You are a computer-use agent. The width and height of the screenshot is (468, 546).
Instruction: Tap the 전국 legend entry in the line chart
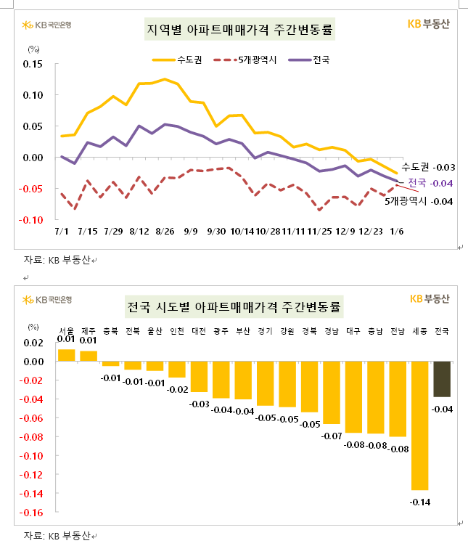coord(310,60)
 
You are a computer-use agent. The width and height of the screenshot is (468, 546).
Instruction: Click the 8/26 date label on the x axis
coord(165,231)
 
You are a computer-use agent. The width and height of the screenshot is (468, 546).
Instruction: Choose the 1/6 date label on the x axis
coord(398,231)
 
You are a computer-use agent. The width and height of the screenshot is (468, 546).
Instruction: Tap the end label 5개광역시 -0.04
coord(419,200)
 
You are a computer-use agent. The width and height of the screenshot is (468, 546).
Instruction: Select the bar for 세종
coord(420,425)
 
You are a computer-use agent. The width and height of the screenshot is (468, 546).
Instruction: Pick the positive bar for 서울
coord(66,355)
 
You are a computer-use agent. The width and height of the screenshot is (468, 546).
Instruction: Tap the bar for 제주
coord(89,356)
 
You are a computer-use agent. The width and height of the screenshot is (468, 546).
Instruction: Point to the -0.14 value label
coord(420,502)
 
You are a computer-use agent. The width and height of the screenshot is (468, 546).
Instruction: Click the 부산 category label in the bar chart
coord(243,331)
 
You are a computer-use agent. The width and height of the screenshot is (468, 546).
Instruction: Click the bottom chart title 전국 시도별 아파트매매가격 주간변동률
coord(234,306)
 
